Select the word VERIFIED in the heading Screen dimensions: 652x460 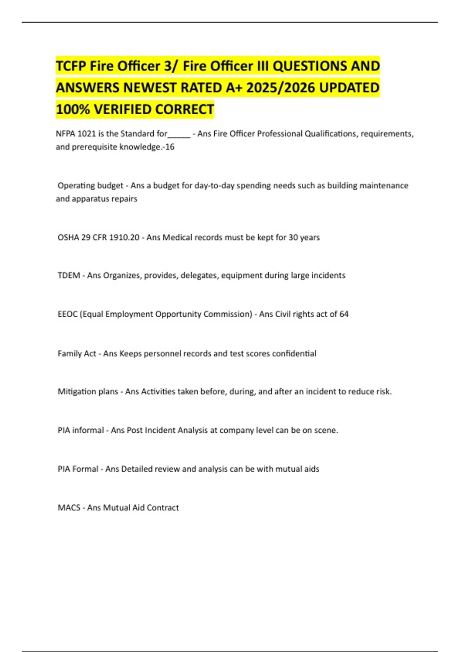click(x=122, y=110)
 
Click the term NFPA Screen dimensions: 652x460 click(x=66, y=134)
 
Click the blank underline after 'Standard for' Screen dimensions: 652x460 click(x=179, y=135)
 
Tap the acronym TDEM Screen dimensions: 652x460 click(x=69, y=275)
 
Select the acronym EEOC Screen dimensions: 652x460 click(x=67, y=314)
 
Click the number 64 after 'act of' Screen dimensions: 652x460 click(x=344, y=314)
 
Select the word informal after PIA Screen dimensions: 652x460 click(x=88, y=430)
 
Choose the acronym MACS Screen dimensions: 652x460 click(x=69, y=508)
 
